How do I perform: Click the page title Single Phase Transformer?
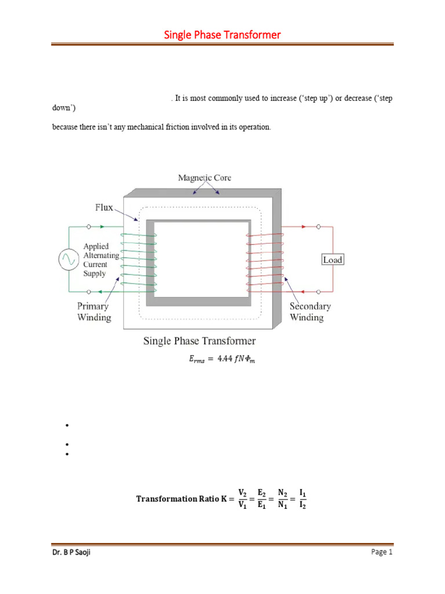click(222, 35)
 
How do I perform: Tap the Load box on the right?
click(333, 259)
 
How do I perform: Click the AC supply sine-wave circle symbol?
click(68, 259)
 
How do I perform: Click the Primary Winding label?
click(94, 312)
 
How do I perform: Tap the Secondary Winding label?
click(310, 312)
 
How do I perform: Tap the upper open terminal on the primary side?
click(88, 227)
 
